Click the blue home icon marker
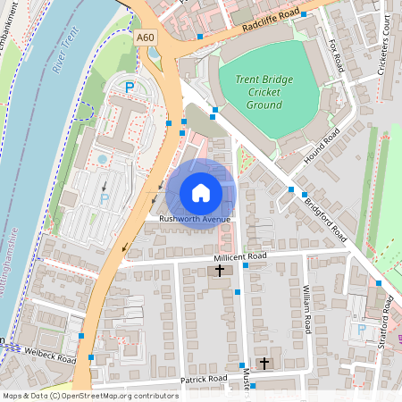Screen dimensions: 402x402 click(201, 192)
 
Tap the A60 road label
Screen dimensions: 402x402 click(147, 37)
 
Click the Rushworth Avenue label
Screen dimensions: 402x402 click(195, 220)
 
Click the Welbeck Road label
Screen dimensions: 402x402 click(50, 356)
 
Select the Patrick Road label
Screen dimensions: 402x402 click(205, 380)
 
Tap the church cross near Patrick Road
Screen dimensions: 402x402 click(264, 364)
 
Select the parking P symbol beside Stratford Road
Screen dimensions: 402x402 click(362, 330)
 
